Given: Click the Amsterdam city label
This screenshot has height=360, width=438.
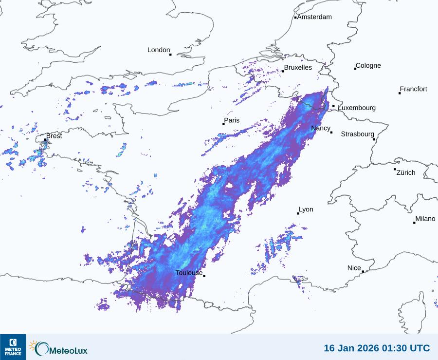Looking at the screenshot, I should [x=314, y=17].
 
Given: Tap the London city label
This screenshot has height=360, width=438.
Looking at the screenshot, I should [x=159, y=50].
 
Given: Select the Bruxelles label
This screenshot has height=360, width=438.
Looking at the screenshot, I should [x=298, y=68].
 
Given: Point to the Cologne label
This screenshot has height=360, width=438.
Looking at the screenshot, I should [x=368, y=66].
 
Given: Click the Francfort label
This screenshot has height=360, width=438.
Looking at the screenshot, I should [x=413, y=89].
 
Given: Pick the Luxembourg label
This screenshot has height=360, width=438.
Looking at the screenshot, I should [x=357, y=108].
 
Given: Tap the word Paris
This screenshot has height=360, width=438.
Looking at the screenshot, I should [x=232, y=120].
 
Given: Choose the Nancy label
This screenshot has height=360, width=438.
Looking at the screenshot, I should [x=321, y=128].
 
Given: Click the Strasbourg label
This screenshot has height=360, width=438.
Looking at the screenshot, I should [x=357, y=134].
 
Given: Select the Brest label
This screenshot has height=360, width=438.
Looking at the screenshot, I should [x=54, y=136].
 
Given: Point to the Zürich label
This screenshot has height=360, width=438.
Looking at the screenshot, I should [x=406, y=172].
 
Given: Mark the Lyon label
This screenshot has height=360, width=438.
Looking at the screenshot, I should [x=306, y=209].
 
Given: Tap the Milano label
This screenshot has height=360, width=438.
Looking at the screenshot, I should [x=425, y=219].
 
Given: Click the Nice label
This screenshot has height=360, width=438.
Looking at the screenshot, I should [x=354, y=268].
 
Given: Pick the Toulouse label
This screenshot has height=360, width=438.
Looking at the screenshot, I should [x=189, y=273].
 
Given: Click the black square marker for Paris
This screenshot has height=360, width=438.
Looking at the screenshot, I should [x=223, y=124].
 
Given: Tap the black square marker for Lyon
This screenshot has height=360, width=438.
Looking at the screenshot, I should [x=298, y=213].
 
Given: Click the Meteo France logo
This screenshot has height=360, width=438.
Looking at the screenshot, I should [x=13, y=347].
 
